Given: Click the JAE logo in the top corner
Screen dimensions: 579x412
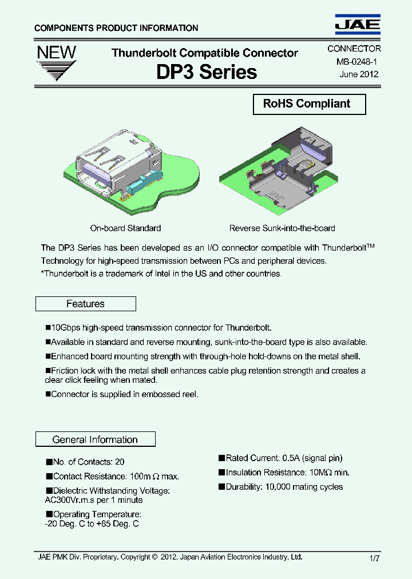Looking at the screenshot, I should click(x=357, y=24).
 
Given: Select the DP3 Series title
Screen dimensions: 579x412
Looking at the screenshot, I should click(x=207, y=72).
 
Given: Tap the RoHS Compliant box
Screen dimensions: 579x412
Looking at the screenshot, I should click(x=309, y=104).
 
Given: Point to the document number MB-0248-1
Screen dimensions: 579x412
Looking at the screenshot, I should click(x=353, y=62).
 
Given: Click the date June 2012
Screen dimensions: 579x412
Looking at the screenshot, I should click(x=359, y=74).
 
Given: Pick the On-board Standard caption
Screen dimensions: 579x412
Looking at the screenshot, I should click(x=125, y=228).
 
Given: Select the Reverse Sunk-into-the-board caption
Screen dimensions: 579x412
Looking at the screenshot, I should click(x=282, y=228).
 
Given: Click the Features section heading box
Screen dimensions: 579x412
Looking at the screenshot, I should click(x=86, y=304).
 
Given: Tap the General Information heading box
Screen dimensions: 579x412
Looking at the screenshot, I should click(x=95, y=439).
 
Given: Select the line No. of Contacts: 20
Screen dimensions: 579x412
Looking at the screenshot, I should click(x=85, y=462).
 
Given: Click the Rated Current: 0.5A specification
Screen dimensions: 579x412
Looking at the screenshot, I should click(x=280, y=458).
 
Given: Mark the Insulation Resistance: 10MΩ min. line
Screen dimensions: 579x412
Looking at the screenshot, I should click(x=284, y=473).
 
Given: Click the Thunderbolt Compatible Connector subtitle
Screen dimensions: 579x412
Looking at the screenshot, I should click(x=204, y=53).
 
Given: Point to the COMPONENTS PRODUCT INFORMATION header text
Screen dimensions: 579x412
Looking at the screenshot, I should click(x=116, y=28).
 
